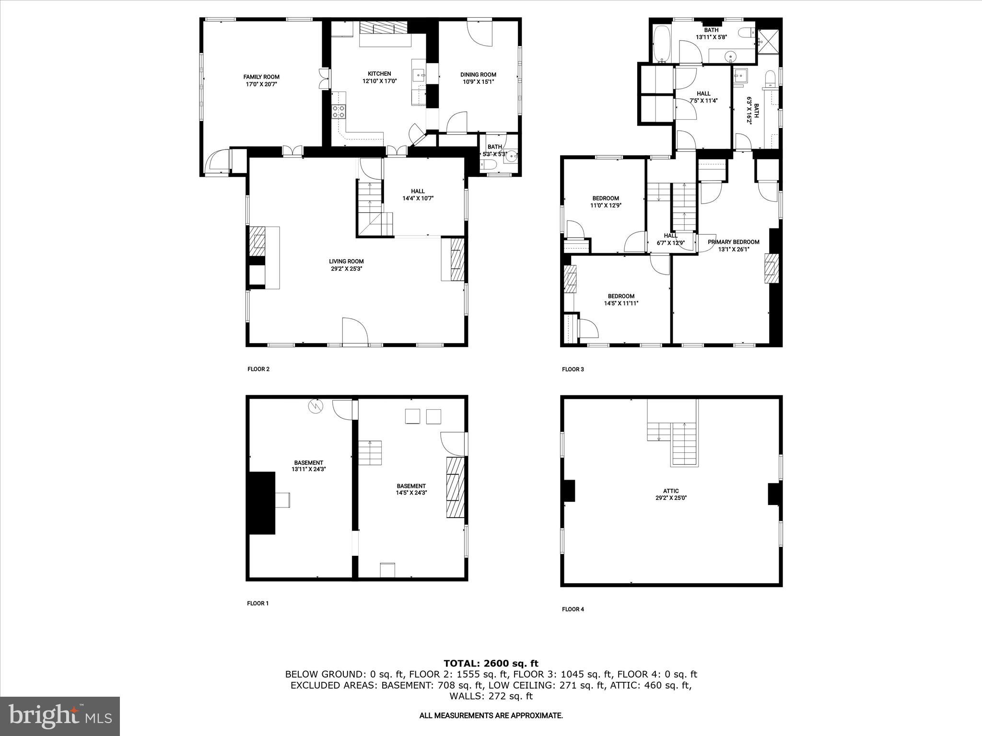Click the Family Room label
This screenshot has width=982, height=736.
[261, 77]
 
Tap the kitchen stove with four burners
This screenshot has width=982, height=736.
[339, 111]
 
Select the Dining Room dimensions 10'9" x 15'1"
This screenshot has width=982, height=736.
[478, 81]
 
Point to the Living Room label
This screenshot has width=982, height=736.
[346, 262]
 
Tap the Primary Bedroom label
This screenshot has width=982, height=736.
[733, 242]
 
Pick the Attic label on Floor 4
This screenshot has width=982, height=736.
[671, 491]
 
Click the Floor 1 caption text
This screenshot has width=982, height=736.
[257, 603]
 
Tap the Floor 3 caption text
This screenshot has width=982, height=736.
[573, 369]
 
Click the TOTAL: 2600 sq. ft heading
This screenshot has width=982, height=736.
[491, 664]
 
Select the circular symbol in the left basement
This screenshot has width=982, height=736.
[316, 407]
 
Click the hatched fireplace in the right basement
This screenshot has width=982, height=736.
[456, 487]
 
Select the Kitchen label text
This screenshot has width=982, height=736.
[379, 74]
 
